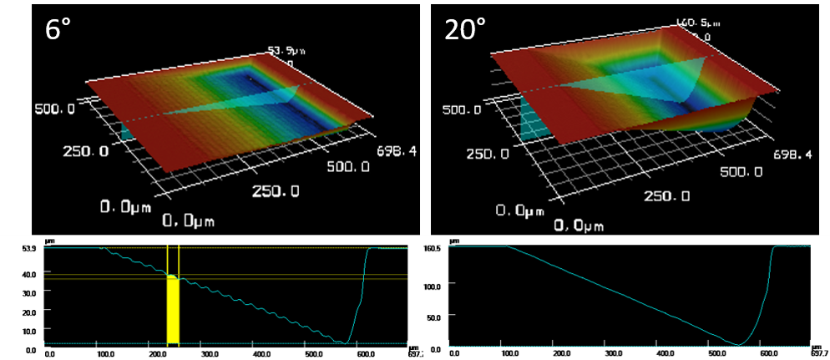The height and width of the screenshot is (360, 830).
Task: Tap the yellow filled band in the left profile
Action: (173, 309)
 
